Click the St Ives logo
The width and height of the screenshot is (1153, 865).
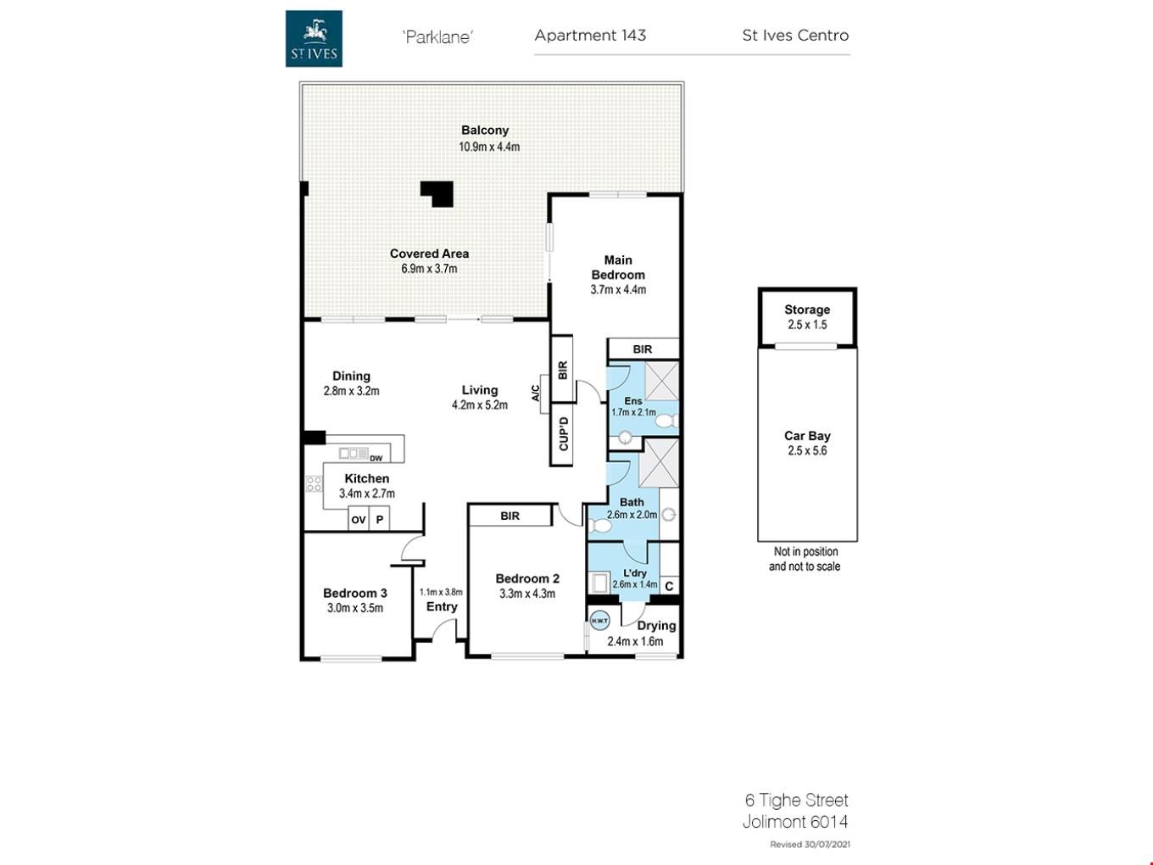click(x=314, y=39)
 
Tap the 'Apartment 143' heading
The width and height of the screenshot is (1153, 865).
click(x=590, y=35)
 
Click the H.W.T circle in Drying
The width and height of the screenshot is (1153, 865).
click(x=599, y=621)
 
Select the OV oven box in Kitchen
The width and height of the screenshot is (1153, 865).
click(x=359, y=519)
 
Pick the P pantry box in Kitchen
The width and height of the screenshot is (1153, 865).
click(x=379, y=519)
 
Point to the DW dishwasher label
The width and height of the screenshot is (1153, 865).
click(x=376, y=458)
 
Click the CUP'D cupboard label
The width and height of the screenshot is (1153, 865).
click(x=564, y=434)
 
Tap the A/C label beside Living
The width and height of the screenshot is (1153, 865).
click(x=535, y=393)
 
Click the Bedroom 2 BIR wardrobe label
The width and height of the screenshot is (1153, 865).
click(x=510, y=516)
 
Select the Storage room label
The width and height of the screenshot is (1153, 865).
click(x=807, y=310)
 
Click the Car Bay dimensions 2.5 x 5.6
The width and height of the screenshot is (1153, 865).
click(x=807, y=450)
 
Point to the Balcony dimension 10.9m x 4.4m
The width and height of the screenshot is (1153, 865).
click(x=489, y=147)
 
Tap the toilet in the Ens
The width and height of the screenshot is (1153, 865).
click(x=667, y=421)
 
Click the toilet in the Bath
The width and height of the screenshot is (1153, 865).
click(x=599, y=525)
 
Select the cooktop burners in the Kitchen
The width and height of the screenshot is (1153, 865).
click(x=315, y=483)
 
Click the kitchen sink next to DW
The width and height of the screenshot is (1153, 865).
click(x=354, y=453)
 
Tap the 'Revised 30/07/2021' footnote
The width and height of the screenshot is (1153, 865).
click(x=810, y=845)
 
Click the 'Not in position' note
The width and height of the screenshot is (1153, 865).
click(x=805, y=551)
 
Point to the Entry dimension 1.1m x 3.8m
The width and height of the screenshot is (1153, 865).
click(x=441, y=592)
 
